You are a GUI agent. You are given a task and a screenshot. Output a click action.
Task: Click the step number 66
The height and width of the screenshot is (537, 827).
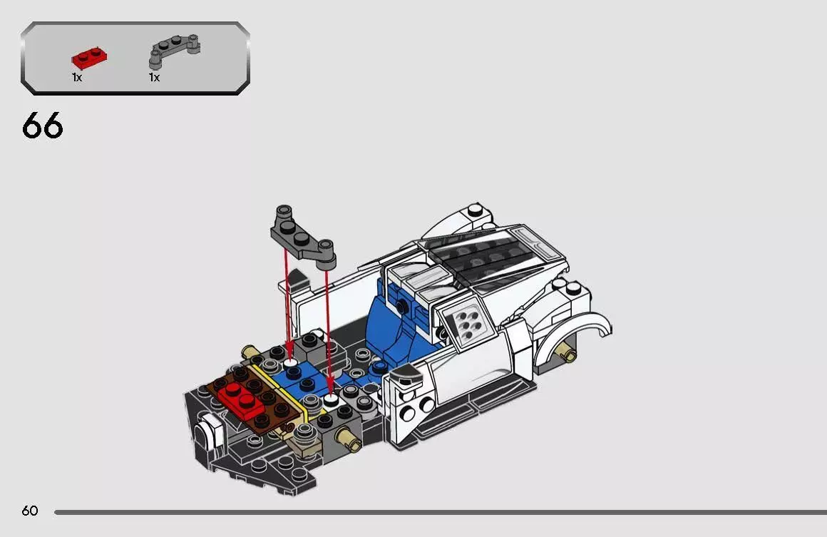(x=43, y=126)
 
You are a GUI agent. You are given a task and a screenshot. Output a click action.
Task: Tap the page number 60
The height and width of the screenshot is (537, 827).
(x=29, y=511)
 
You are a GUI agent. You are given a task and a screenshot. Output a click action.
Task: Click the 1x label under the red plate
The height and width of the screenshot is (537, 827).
(x=77, y=77)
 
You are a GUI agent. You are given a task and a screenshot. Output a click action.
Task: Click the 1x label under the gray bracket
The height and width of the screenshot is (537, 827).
(x=154, y=77)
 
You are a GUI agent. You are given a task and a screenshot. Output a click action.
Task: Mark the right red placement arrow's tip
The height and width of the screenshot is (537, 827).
(x=330, y=394)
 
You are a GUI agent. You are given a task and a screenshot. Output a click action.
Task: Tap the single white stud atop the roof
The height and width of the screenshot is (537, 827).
(x=474, y=210)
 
